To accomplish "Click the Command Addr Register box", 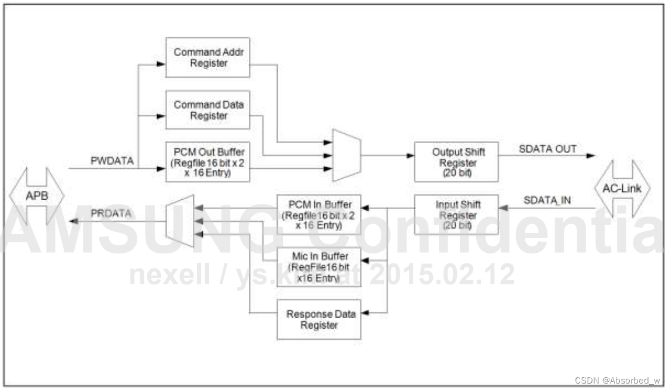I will pyautogui.click(x=208, y=57).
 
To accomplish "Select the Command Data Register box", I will pyautogui.click(x=208, y=110).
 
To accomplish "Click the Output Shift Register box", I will pyautogui.click(x=456, y=161).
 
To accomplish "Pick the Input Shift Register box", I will pyautogui.click(x=456, y=214).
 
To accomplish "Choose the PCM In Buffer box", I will pyautogui.click(x=318, y=214).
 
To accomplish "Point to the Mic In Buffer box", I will pyautogui.click(x=318, y=267).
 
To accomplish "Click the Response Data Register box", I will pyautogui.click(x=318, y=319).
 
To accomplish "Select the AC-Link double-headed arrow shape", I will pyautogui.click(x=622, y=188).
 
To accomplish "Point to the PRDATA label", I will pyautogui.click(x=111, y=214).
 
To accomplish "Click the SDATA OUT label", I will pyautogui.click(x=547, y=149).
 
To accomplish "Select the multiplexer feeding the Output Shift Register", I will pyautogui.click(x=346, y=155).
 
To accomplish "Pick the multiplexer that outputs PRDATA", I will pyautogui.click(x=180, y=221).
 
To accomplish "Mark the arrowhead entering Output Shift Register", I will pyautogui.click(x=411, y=156).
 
